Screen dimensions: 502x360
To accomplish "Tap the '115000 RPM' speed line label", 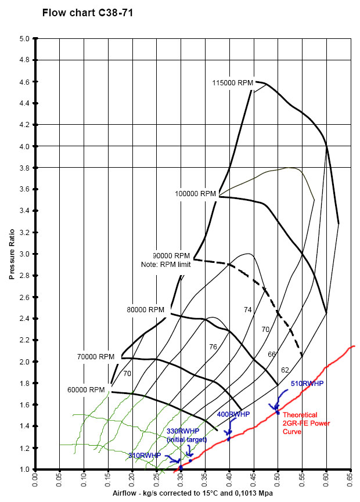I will click(233, 83).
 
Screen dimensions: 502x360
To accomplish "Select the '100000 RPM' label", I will click(196, 193).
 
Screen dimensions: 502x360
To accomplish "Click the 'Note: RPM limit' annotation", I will click(165, 265).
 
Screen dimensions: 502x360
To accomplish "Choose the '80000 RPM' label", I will click(145, 310).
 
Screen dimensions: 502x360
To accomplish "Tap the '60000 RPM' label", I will click(85, 390).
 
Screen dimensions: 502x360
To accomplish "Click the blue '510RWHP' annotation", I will click(307, 384).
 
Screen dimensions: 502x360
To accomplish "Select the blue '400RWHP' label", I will click(233, 414).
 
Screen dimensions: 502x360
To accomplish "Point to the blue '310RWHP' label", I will click(145, 456).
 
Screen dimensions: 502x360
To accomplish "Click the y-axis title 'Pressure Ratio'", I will click(11, 254).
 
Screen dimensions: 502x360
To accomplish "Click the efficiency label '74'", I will click(248, 310).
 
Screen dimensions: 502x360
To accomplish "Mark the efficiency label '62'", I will click(285, 370).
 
